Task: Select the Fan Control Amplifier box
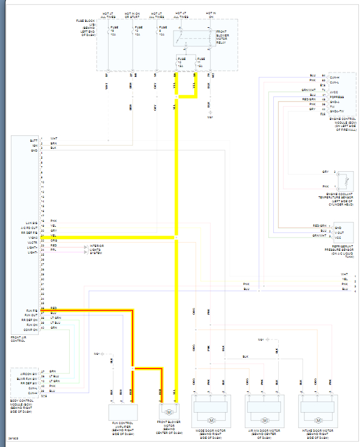click(123, 413)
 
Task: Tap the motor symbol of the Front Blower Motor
click(169, 412)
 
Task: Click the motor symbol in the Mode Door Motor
click(211, 420)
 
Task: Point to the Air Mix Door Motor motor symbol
click(264, 420)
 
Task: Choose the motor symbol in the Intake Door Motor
click(317, 420)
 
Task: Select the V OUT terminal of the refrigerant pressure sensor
click(338, 231)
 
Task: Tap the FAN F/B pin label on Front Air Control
click(32, 309)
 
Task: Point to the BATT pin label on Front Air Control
click(34, 140)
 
